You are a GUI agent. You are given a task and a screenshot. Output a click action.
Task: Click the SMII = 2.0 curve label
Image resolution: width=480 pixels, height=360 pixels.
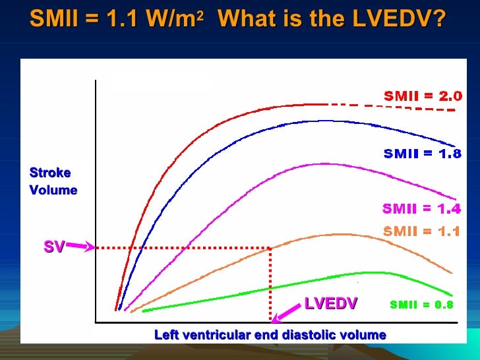[423, 96]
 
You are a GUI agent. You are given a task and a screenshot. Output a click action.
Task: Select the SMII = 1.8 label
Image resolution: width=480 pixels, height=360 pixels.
[423, 154]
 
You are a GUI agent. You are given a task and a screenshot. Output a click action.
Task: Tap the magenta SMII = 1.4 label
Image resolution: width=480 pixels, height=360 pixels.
[421, 209]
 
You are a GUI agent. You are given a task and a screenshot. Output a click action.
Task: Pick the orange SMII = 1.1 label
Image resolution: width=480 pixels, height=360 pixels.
[421, 231]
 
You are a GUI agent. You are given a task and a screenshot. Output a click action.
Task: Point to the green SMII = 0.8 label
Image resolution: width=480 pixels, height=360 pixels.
[421, 305]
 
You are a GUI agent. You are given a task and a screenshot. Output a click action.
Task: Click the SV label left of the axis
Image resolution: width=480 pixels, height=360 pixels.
[54, 247]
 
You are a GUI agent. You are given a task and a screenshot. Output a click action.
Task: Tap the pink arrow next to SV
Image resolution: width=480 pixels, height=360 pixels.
[80, 247]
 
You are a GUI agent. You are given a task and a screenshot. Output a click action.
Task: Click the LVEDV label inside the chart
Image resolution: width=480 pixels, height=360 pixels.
[330, 303]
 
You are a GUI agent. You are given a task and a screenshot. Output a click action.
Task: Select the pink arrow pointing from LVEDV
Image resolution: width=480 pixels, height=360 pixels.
[287, 313]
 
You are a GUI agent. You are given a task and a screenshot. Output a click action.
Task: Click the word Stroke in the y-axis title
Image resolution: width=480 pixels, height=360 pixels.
[50, 173]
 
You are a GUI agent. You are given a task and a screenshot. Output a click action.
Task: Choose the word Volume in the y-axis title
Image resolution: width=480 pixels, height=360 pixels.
[53, 190]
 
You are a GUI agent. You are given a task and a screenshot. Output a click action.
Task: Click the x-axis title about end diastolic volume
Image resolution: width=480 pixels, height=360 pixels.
[270, 335]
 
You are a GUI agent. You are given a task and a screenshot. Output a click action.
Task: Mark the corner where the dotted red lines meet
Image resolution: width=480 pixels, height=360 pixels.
[270, 249]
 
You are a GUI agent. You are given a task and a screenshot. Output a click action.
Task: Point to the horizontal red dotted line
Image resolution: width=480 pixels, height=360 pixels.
[185, 249]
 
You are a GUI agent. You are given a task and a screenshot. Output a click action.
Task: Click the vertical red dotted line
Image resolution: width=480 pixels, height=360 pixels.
[270, 284]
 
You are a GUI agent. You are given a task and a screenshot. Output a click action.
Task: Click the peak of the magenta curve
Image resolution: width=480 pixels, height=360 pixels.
[323, 164]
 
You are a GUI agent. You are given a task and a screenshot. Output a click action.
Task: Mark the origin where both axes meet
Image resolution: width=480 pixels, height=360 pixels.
[96, 322]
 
